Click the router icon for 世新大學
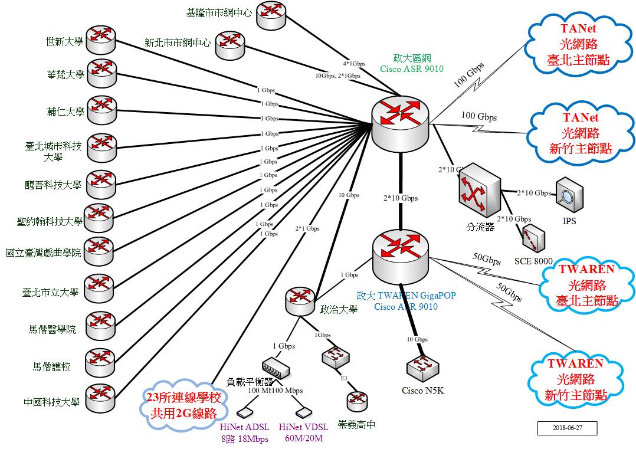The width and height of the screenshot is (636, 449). [101, 39]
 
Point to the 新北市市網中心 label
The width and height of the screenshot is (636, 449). [178, 43]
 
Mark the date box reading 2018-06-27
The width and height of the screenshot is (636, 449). [567, 428]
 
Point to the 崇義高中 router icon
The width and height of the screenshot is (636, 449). [356, 401]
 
